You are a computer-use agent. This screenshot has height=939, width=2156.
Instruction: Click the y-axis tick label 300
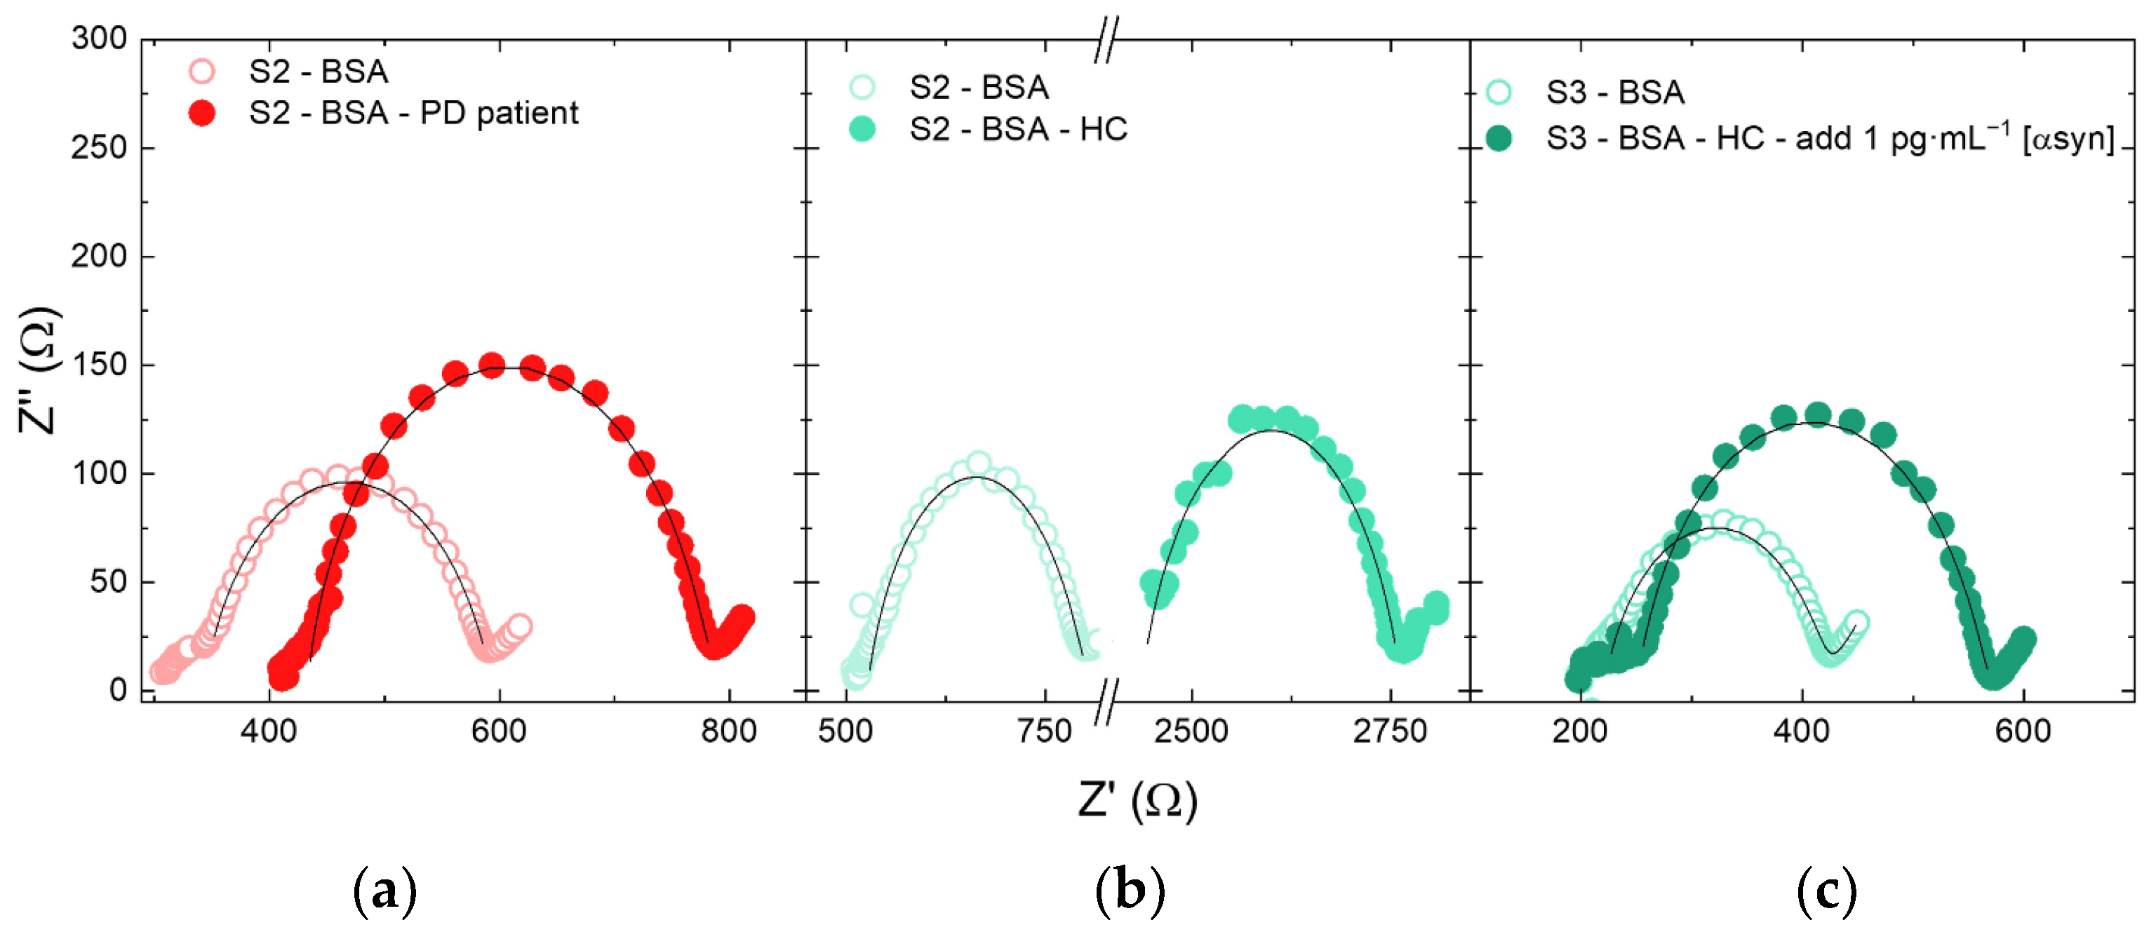[99, 39]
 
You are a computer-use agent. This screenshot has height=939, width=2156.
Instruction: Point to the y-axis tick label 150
[99, 365]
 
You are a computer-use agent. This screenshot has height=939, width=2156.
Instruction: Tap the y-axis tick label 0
[118, 691]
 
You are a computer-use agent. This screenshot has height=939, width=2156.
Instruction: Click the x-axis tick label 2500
[1190, 731]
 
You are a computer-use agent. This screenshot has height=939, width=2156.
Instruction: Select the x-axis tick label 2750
[1390, 731]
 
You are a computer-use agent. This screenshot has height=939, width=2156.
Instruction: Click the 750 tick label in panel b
[1045, 731]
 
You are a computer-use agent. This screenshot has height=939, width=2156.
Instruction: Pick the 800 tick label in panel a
[729, 731]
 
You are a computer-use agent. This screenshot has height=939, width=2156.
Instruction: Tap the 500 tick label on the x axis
[845, 731]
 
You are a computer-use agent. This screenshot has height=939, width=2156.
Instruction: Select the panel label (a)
[384, 891]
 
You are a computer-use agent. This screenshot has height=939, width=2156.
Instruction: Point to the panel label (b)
[1130, 891]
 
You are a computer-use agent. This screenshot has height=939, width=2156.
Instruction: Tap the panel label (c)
[1826, 891]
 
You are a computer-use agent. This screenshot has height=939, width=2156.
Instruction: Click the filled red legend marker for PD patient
[201, 113]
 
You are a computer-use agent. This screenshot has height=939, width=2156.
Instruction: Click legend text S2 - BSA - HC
[1019, 130]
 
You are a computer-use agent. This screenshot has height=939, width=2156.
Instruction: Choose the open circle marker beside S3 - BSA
[1498, 92]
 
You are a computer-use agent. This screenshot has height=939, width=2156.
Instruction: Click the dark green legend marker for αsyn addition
[1498, 138]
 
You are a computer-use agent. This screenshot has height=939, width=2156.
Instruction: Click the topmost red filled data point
[492, 365]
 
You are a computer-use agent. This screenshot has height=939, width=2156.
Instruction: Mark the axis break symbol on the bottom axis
[1106, 701]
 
